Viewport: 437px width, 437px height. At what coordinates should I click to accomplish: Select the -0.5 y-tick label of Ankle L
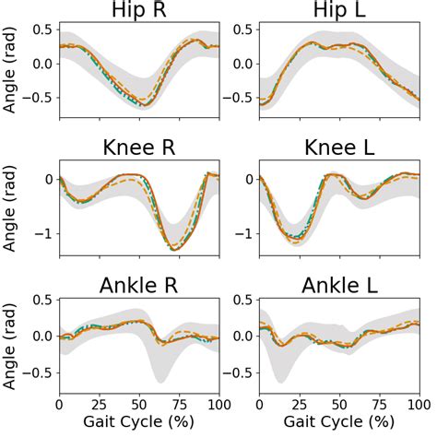point(238,372)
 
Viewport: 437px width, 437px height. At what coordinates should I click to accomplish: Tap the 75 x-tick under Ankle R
point(179,404)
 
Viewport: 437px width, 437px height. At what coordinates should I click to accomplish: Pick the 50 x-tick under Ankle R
point(139,404)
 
